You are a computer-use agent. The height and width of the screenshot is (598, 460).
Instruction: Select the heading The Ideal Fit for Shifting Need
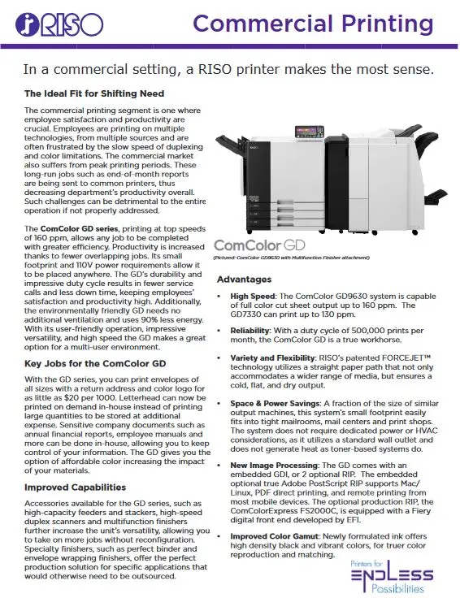(94, 93)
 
